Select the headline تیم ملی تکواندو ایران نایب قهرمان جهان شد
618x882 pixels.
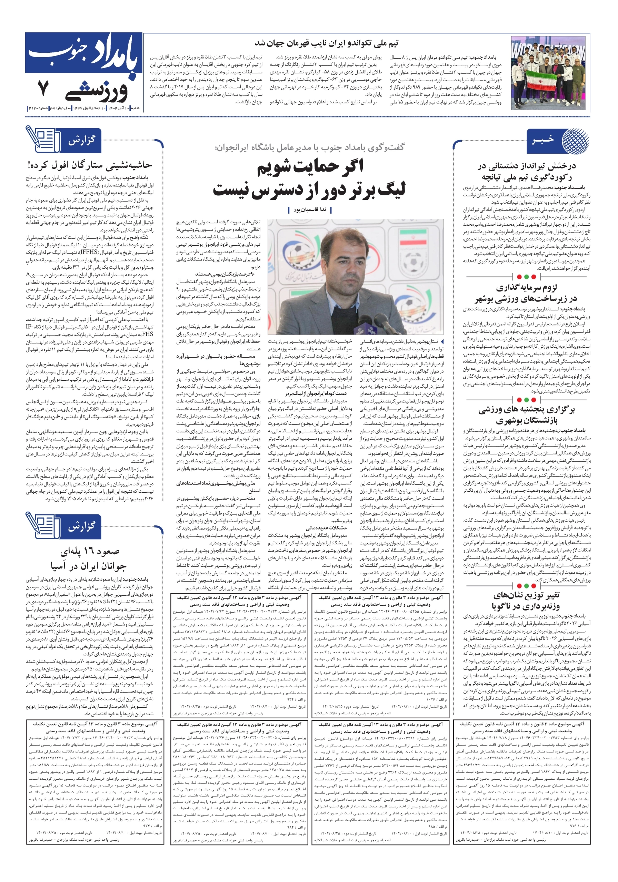pyautogui.click(x=326, y=43)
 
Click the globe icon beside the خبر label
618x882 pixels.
pyautogui.click(x=575, y=141)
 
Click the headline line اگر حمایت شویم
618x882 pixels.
pyautogui.click(x=310, y=167)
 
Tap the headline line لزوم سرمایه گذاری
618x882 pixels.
pyautogui.click(x=526, y=287)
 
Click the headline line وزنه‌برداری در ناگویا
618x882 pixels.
pyautogui.click(x=526, y=606)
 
